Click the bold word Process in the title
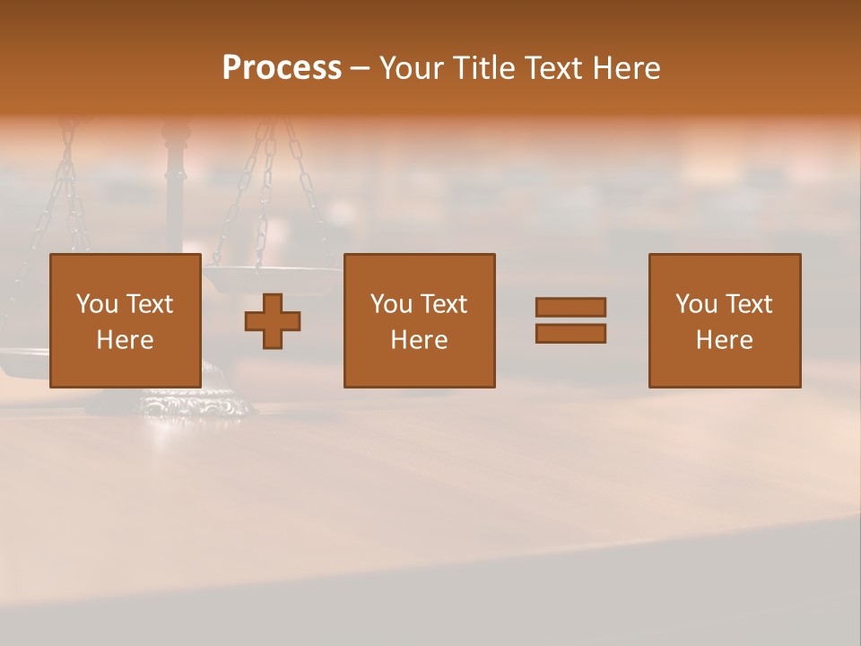[282, 67]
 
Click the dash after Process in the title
[360, 69]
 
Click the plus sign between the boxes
[273, 320]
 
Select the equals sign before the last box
[570, 320]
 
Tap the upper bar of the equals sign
[570, 308]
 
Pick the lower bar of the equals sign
[570, 333]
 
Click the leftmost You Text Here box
[126, 320]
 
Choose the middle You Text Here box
[419, 320]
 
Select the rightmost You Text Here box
[725, 320]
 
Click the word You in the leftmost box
[97, 304]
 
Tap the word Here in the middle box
[419, 339]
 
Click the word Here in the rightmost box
[725, 339]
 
